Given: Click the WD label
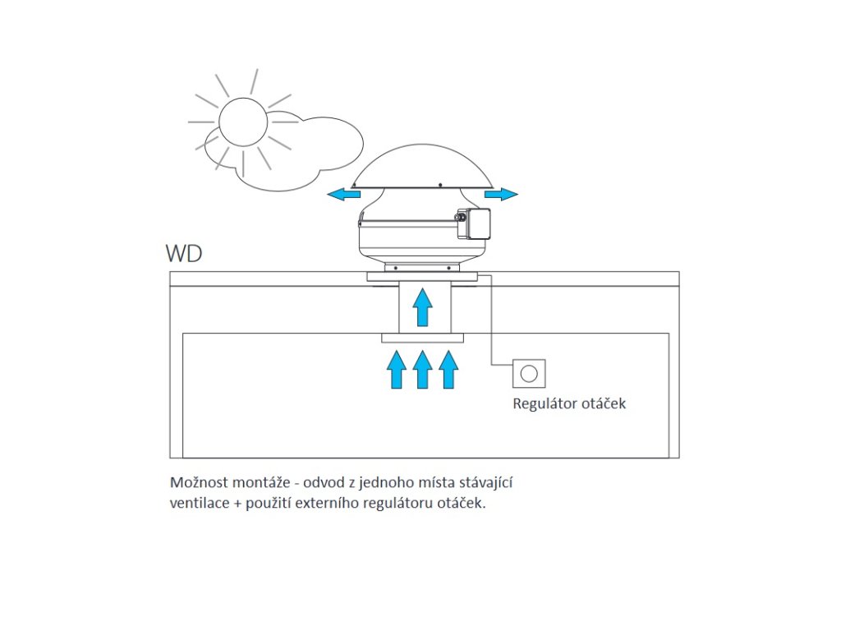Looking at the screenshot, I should tap(184, 252).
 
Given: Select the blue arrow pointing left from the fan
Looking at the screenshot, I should tap(343, 194).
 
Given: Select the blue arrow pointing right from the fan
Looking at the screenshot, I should tap(501, 194).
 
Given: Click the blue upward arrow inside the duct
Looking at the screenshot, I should tap(422, 307).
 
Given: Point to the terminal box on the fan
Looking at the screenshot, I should tap(476, 223).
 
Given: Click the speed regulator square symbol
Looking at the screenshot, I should tap(529, 373).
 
